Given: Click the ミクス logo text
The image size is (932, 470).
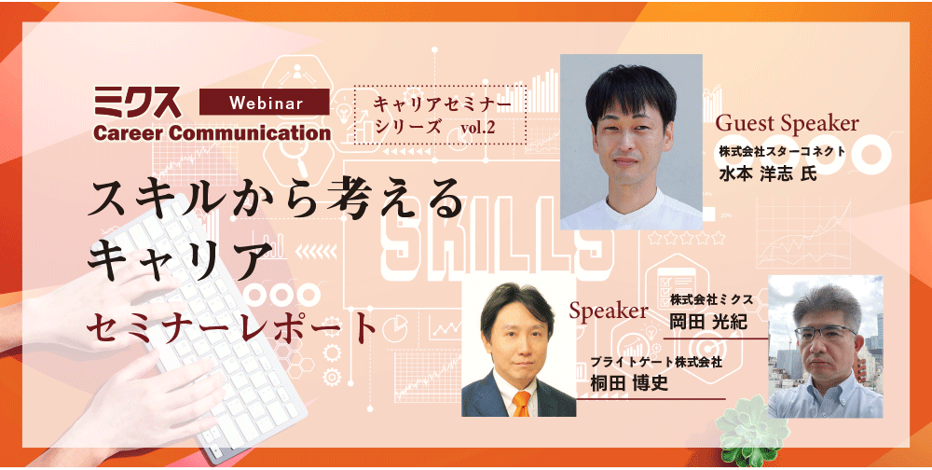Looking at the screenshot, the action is pyautogui.click(x=137, y=102).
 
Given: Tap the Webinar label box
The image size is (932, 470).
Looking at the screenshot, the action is pyautogui.click(x=264, y=102).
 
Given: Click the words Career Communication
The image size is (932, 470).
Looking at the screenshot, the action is pyautogui.click(x=212, y=132).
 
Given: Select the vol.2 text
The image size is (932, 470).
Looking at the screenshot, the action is pyautogui.click(x=477, y=128).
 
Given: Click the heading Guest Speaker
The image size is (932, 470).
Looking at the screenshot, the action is pyautogui.click(x=787, y=123).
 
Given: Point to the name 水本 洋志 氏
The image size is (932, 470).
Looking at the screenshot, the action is pyautogui.click(x=768, y=173).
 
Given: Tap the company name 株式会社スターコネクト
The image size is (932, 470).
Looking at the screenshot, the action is pyautogui.click(x=782, y=151).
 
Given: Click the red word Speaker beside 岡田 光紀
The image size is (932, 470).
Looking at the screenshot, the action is pyautogui.click(x=608, y=310).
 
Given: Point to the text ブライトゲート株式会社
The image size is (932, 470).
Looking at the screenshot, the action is pyautogui.click(x=656, y=362).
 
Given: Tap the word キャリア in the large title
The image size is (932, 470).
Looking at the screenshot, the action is pyautogui.click(x=176, y=259).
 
